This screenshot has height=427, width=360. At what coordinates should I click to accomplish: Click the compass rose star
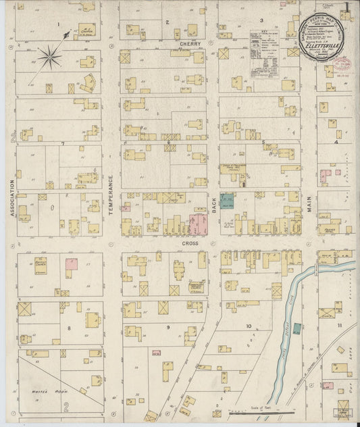click(49, 58)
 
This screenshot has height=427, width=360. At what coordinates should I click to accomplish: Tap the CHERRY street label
click(188, 43)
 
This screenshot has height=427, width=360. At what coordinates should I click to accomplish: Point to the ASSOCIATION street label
click(12, 197)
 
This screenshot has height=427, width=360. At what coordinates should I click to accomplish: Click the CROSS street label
click(190, 243)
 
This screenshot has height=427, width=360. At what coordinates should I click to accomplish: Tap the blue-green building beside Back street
click(227, 201)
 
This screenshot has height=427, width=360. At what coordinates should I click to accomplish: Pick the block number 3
click(261, 21)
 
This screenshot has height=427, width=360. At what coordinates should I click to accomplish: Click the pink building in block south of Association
click(71, 264)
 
